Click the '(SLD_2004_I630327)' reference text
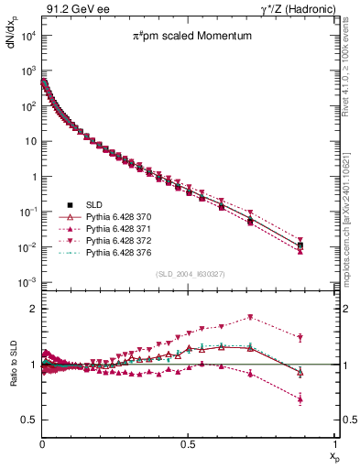[188, 274]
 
